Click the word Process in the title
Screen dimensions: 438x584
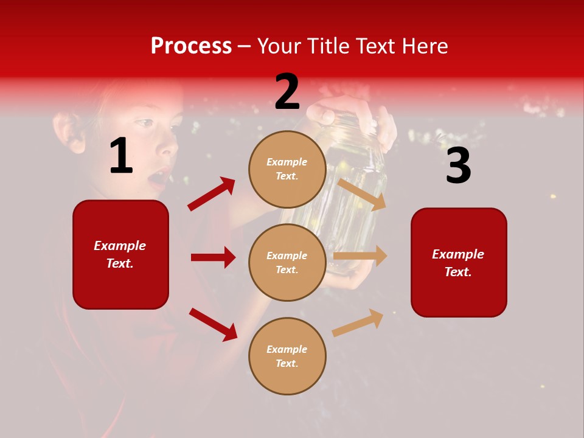191,46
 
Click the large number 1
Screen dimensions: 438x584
120,157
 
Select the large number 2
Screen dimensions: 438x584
287,92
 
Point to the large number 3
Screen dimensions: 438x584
458,166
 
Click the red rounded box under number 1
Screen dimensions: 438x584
120,254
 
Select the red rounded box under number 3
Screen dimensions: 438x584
459,262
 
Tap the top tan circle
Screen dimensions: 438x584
287,169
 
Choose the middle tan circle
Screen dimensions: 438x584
287,262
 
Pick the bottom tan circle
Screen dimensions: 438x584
287,356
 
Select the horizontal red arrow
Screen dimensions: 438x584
213,257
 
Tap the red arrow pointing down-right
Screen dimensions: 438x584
213,324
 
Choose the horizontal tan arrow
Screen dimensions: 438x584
360,255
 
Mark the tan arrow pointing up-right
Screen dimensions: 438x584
358,322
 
